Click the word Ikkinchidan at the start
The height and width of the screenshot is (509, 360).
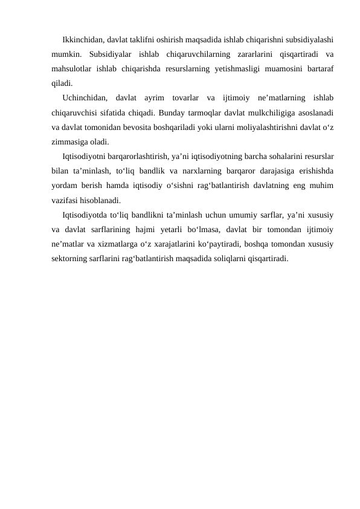coord(82,41)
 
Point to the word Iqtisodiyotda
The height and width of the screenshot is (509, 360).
coord(84,213)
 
